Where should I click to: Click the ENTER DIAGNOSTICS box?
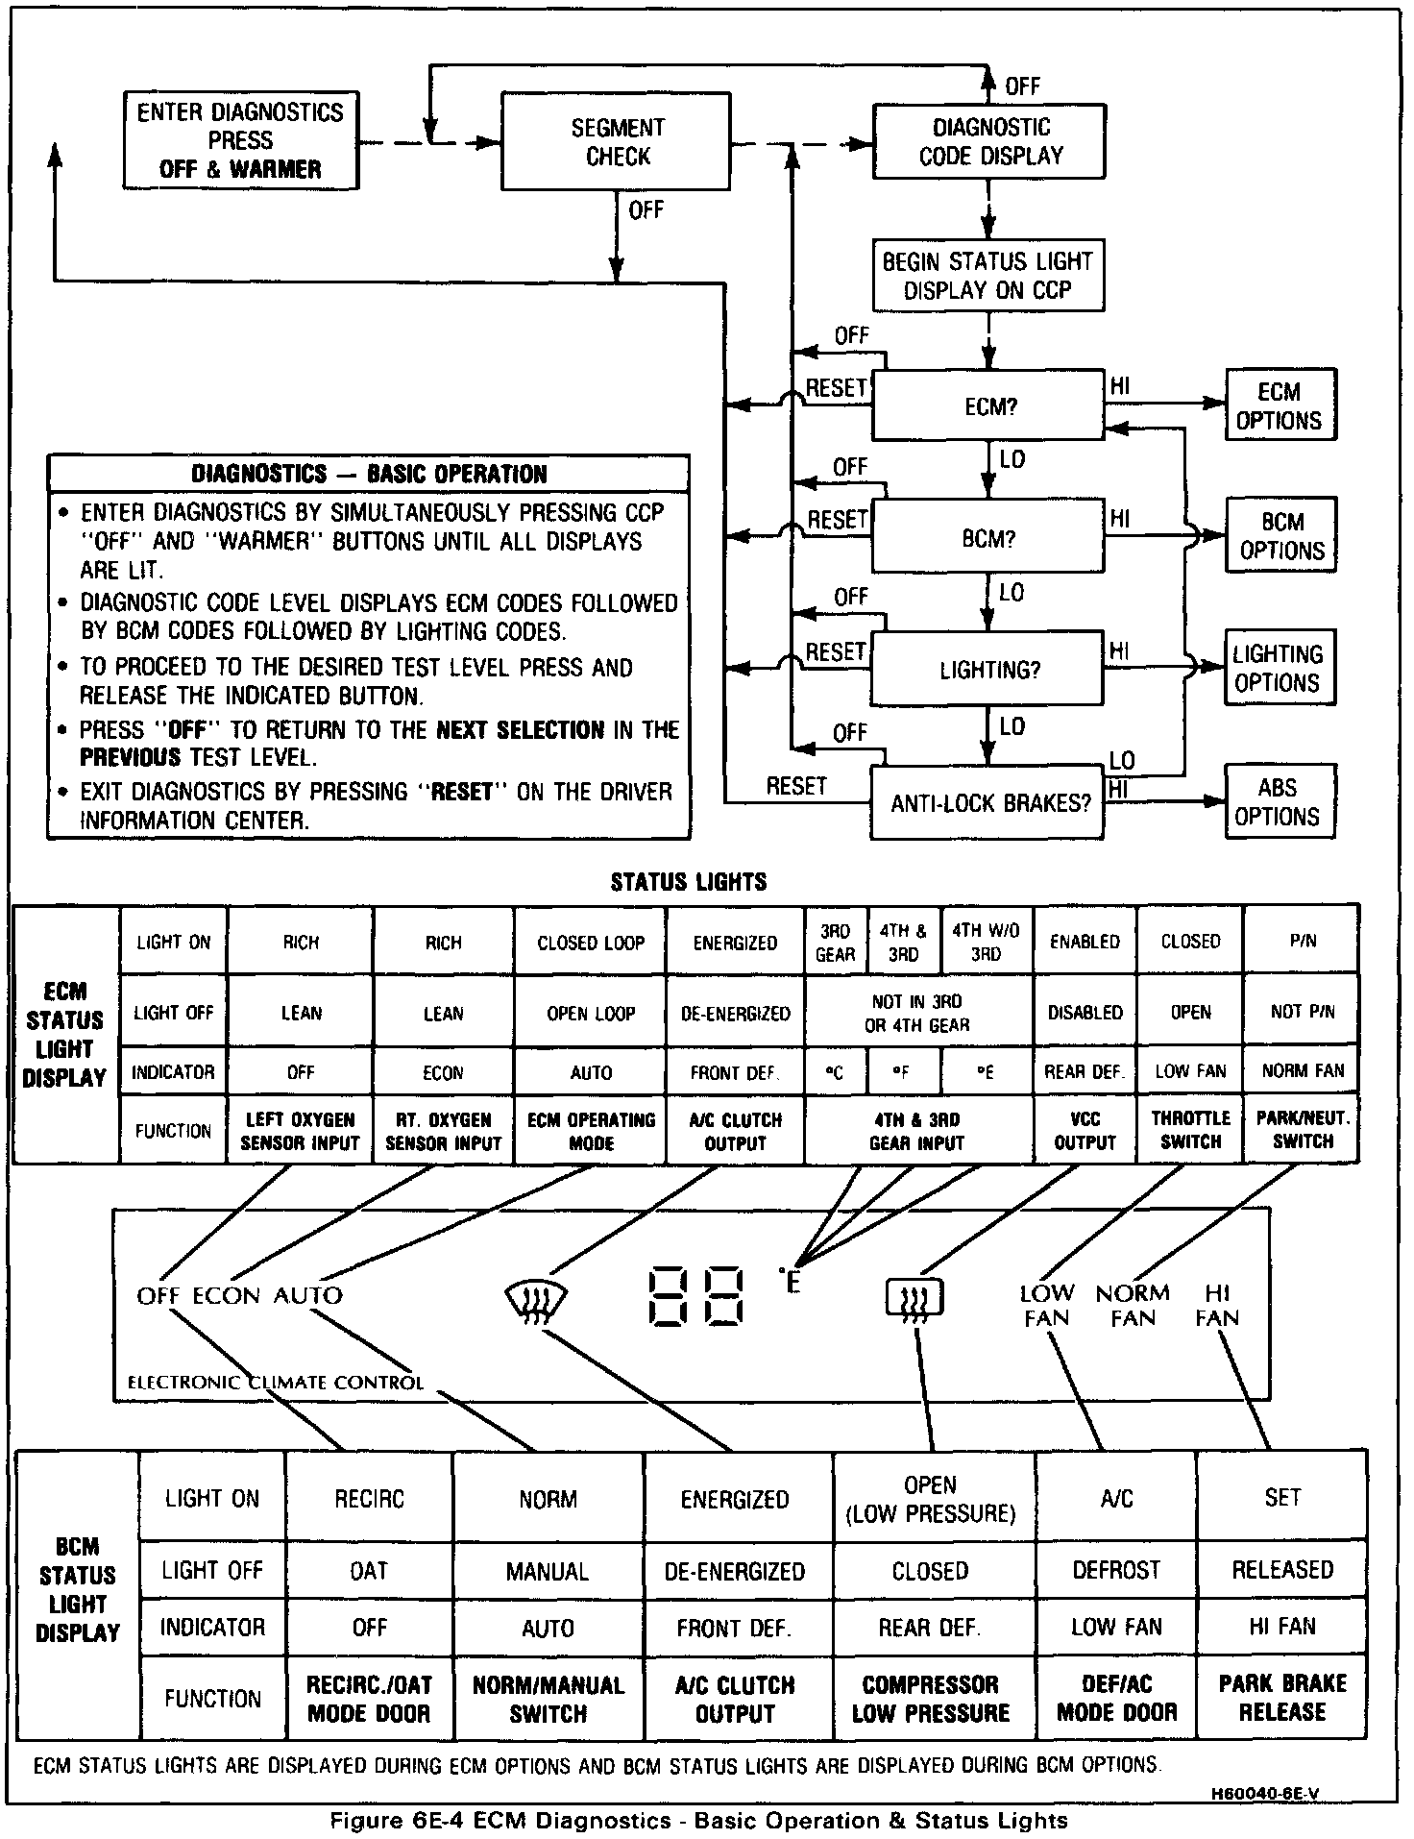[x=240, y=140]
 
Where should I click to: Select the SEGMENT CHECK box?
[x=616, y=141]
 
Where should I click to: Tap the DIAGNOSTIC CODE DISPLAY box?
[x=988, y=141]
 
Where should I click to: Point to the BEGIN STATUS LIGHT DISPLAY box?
[x=987, y=275]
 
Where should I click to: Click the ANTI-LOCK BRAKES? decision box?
[x=988, y=803]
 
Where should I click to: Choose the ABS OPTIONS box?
[x=1279, y=802]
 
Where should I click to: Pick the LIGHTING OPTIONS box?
[x=1279, y=669]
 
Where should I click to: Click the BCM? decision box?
[x=987, y=538]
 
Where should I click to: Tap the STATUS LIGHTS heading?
[x=689, y=881]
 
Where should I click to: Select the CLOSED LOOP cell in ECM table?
[x=591, y=943]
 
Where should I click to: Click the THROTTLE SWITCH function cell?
[x=1190, y=1130]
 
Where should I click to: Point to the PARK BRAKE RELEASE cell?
[x=1281, y=1698]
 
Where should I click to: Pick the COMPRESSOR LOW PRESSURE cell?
[x=930, y=1698]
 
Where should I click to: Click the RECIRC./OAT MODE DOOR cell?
[x=369, y=1698]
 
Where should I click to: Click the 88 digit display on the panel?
[x=696, y=1296]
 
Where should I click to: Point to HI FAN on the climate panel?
[x=1217, y=1306]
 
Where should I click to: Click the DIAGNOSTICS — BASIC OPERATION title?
[x=369, y=474]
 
